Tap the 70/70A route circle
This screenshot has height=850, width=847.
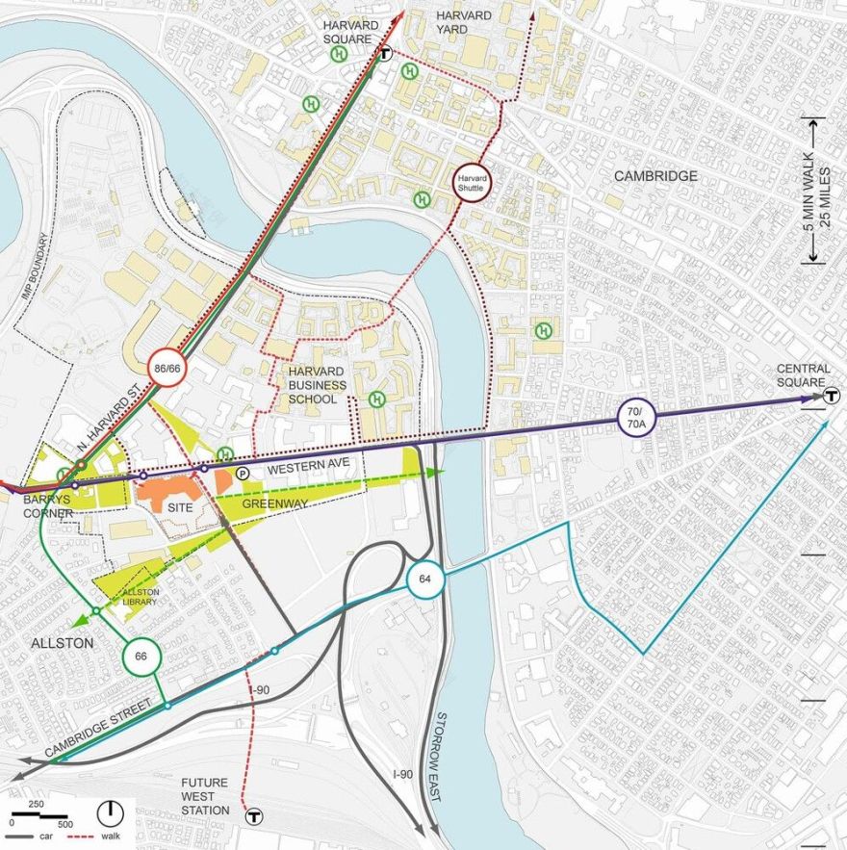[636, 420]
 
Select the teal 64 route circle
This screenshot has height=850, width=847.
[424, 580]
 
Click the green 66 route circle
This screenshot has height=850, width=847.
[141, 656]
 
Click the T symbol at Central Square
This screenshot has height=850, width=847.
[831, 395]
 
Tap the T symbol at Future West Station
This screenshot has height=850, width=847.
[254, 817]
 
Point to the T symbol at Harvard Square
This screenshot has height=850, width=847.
[385, 55]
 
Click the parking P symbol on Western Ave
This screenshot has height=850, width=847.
[243, 473]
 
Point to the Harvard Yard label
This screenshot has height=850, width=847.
[464, 22]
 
